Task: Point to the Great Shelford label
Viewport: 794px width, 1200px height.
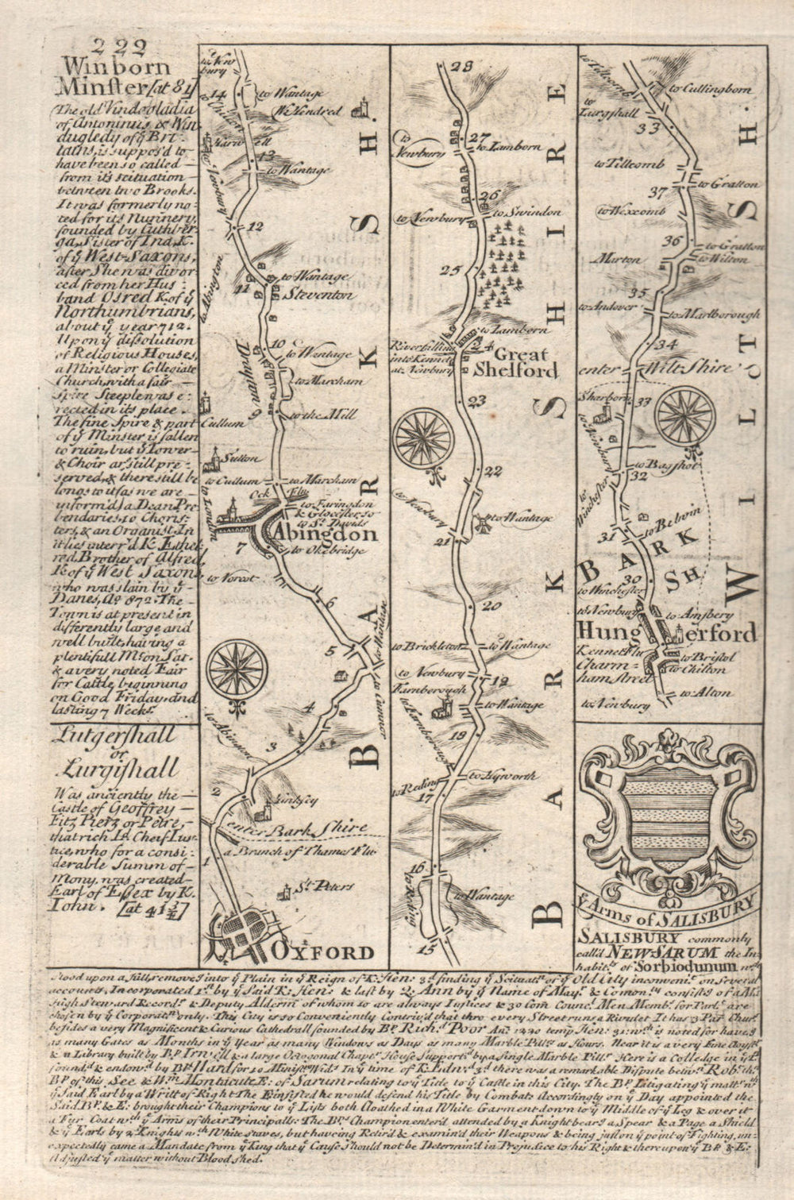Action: (516, 360)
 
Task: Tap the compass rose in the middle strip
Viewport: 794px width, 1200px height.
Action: (426, 435)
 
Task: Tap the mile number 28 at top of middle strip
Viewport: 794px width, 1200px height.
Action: (461, 67)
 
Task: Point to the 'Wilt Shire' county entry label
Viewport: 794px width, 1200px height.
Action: (692, 369)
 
